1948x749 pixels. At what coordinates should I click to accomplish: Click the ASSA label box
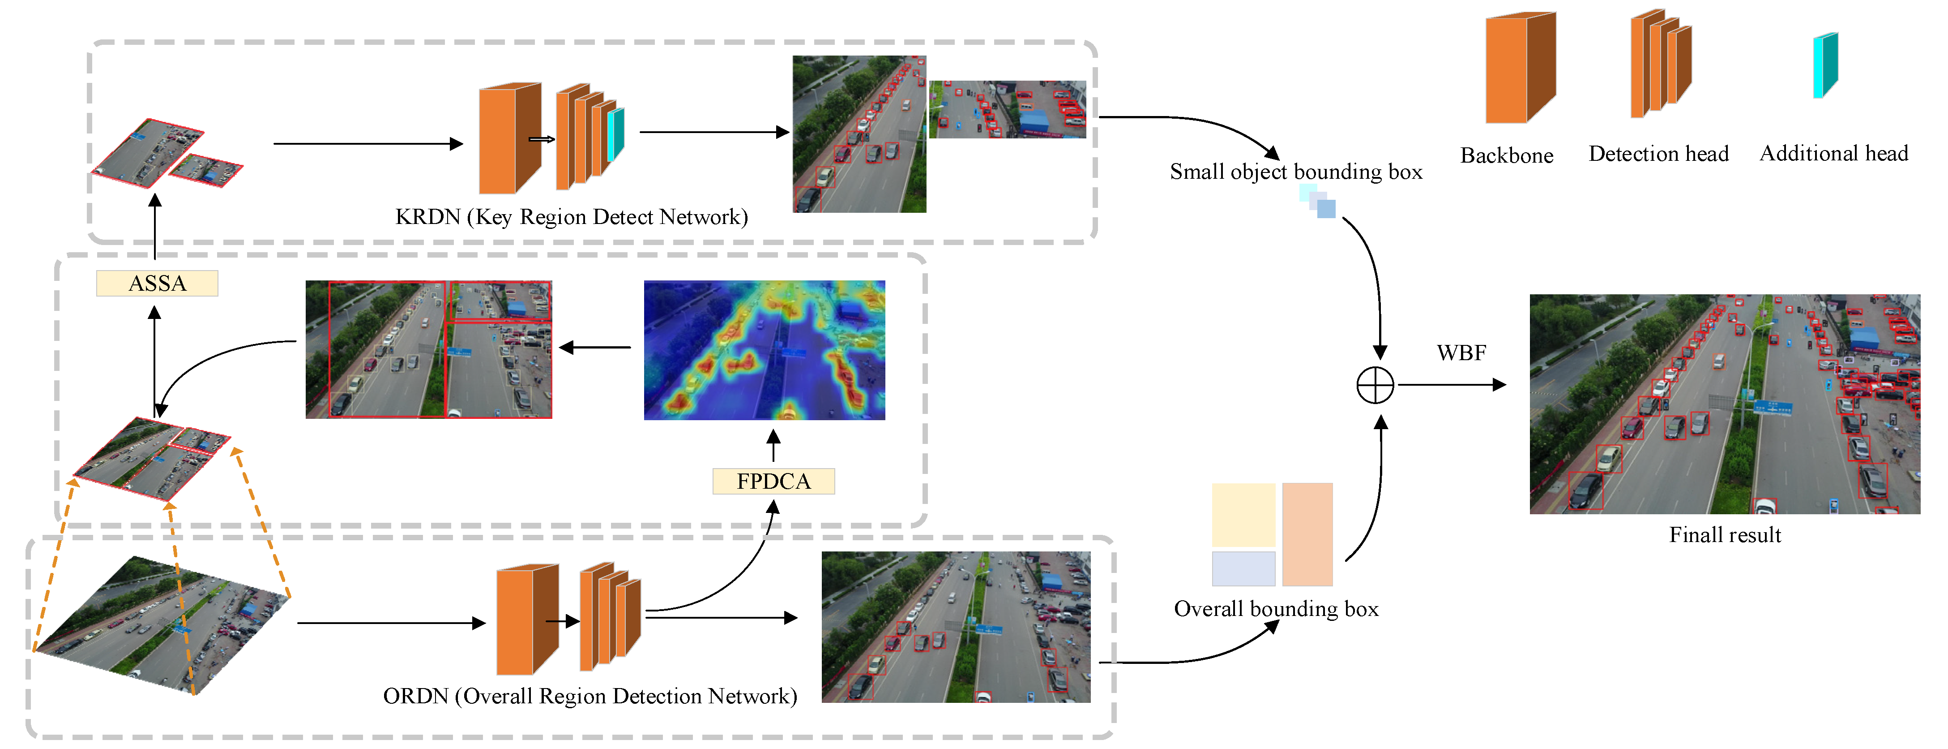[157, 283]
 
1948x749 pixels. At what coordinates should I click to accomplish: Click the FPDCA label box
[773, 481]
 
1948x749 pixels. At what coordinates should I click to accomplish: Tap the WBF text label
[1461, 353]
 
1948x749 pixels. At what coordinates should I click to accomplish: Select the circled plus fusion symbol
[1375, 386]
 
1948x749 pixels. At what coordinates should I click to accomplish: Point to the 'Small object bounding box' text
[1295, 172]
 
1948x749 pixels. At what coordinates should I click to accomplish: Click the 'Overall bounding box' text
[1276, 609]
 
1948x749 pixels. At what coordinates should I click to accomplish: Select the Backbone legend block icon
[1518, 68]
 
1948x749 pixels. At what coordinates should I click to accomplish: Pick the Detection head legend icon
[1660, 65]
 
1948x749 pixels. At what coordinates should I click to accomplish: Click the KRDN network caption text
[571, 217]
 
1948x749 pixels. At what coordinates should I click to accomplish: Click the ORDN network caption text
[590, 696]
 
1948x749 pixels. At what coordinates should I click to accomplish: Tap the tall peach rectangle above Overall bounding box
[1307, 534]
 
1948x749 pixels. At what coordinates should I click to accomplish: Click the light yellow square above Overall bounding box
[1243, 514]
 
